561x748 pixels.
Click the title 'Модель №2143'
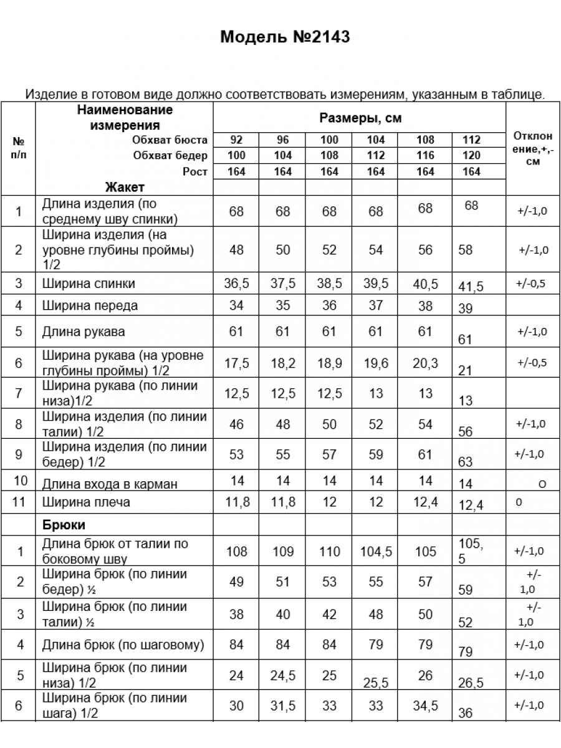pyautogui.click(x=285, y=37)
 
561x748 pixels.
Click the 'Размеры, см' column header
pyautogui.click(x=360, y=118)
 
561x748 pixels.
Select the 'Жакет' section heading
pyautogui.click(x=125, y=187)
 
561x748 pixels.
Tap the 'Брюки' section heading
pyautogui.click(x=64, y=525)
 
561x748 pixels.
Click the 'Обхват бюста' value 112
pyautogui.click(x=472, y=140)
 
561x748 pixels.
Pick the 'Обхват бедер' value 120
pyautogui.click(x=472, y=155)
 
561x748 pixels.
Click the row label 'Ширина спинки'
pyautogui.click(x=89, y=284)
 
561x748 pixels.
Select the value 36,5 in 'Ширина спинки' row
pyautogui.click(x=236, y=284)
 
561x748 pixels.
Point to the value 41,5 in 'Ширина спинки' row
pyautogui.click(x=471, y=287)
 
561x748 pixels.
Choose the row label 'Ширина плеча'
pyautogui.click(x=86, y=502)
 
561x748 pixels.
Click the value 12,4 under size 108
pyautogui.click(x=425, y=502)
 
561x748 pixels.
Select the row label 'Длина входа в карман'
pyautogui.click(x=110, y=484)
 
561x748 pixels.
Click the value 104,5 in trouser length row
pyautogui.click(x=376, y=552)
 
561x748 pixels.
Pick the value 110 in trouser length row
pyautogui.click(x=329, y=552)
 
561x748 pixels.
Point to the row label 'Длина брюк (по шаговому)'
pyautogui.click(x=123, y=645)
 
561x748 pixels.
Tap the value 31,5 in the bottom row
pyautogui.click(x=283, y=706)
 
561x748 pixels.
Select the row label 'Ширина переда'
pyautogui.click(x=90, y=305)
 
